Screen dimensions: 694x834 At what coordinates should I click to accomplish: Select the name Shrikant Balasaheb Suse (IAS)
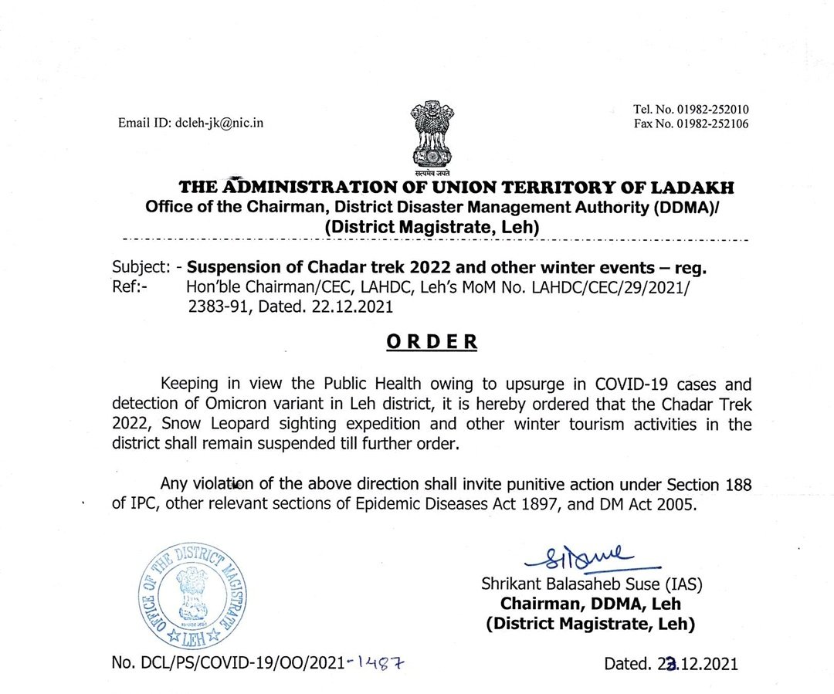592,584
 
